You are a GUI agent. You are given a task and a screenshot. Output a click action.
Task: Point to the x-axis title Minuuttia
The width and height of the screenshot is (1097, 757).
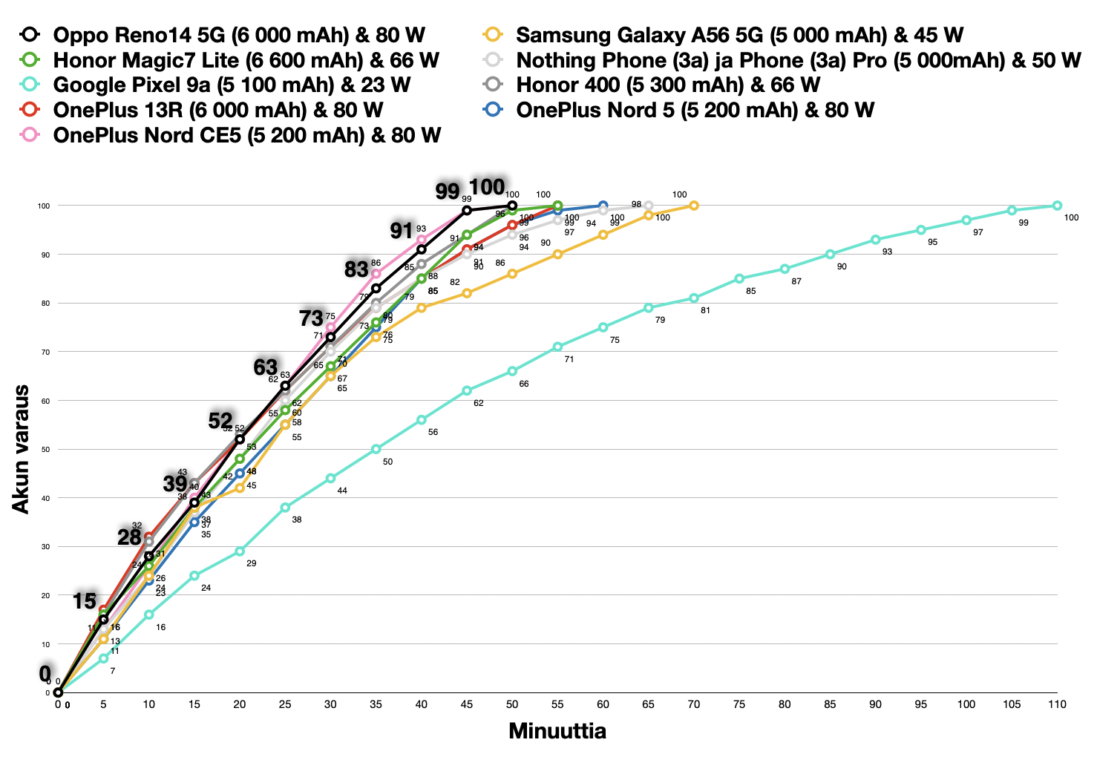point(557,731)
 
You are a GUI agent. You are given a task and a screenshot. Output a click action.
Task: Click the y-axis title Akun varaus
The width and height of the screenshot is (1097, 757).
point(21,448)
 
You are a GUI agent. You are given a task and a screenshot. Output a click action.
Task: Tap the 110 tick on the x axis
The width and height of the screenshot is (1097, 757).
point(1057,704)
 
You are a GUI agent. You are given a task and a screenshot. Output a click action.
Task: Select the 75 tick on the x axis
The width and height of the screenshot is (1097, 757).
point(739,704)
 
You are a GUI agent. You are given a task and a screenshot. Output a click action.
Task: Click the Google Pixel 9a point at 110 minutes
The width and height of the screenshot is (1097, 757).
point(1057,206)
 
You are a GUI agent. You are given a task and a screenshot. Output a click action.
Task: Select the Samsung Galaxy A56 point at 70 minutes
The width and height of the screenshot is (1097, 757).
point(694,206)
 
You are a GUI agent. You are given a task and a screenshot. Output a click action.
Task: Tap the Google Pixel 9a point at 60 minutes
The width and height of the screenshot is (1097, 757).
point(603,327)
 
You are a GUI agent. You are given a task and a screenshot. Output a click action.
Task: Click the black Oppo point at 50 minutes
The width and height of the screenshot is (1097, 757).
point(512,206)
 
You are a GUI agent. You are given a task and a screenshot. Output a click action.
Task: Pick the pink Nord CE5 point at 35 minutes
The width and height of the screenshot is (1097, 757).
point(376,274)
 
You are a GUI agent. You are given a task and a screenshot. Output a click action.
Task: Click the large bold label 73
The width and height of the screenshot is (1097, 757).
point(311,318)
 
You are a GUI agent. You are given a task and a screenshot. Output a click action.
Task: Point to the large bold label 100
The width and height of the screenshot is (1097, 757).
point(487,187)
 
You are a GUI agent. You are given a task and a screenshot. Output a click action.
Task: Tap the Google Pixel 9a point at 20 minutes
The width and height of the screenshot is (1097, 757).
point(240,551)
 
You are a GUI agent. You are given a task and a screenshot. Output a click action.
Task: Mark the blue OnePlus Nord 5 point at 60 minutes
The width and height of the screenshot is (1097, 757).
point(603,206)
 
